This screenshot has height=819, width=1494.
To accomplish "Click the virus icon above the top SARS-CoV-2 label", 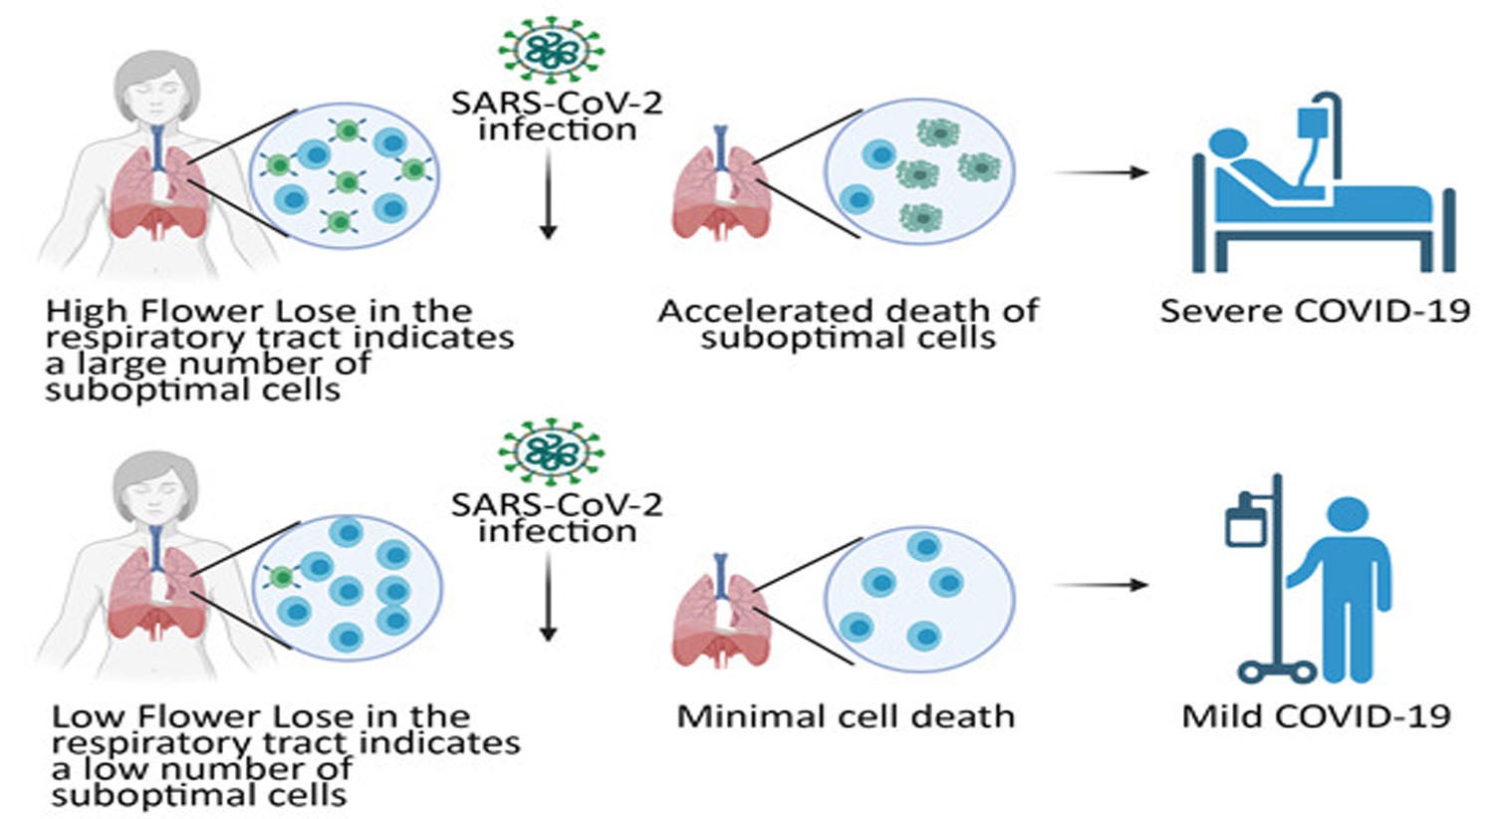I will [x=551, y=47].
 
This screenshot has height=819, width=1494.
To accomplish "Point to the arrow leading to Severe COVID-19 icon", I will [x=1101, y=172].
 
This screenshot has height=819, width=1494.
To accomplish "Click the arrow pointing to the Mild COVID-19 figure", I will [x=1101, y=585].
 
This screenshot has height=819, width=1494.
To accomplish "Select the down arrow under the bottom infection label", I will [x=547, y=598].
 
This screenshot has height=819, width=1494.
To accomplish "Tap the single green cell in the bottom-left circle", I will [x=282, y=575].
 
